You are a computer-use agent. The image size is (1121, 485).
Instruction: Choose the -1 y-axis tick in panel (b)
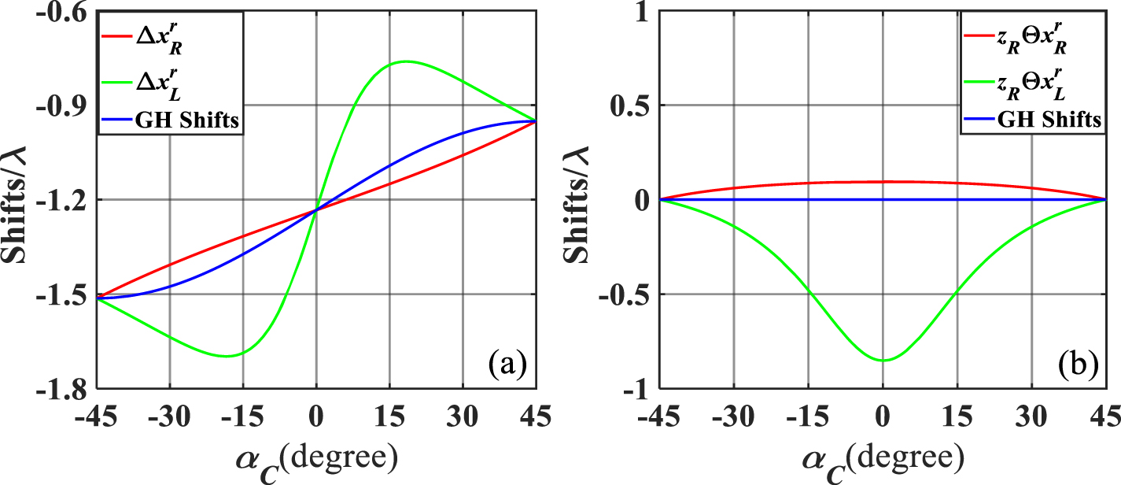click(637, 389)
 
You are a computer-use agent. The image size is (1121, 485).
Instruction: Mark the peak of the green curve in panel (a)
click(405, 61)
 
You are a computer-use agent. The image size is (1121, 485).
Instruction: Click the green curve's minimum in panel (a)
click(227, 356)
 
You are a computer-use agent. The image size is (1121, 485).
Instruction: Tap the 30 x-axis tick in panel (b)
click(1031, 416)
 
